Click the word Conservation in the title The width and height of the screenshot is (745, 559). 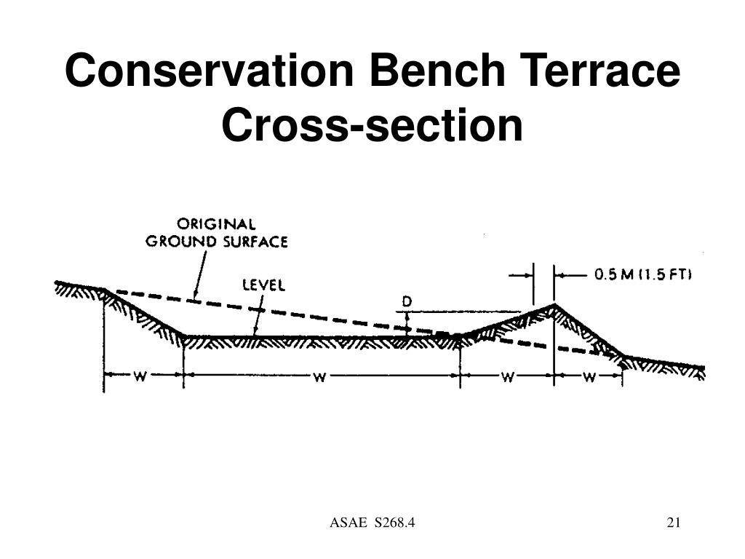(209, 71)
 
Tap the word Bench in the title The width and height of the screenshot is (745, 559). (437, 71)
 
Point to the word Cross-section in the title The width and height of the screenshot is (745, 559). (372, 125)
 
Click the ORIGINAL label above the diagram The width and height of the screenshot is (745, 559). (216, 224)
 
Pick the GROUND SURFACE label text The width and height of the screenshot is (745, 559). (217, 242)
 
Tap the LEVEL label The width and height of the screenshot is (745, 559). (263, 285)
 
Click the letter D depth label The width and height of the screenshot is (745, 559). (407, 301)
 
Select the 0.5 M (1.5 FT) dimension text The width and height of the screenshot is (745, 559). (643, 274)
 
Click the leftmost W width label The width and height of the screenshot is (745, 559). (140, 377)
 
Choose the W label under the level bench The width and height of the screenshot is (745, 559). (320, 378)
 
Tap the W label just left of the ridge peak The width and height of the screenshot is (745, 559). (507, 378)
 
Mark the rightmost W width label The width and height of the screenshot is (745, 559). (589, 378)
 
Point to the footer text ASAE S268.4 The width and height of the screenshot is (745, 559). (372, 523)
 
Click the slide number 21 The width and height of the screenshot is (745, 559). (674, 523)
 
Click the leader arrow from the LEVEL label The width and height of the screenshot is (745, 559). (258, 314)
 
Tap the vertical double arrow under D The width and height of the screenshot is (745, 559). (407, 323)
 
